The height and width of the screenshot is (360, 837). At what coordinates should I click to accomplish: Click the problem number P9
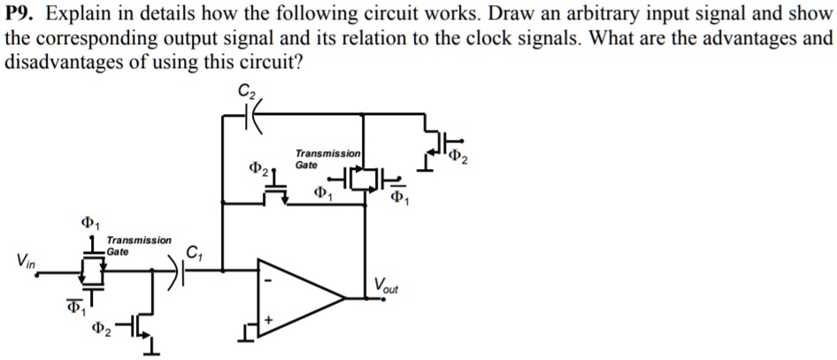coord(23,15)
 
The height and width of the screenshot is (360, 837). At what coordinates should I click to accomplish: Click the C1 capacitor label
coord(195,255)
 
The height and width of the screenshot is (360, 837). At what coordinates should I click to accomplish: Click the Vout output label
coord(386,286)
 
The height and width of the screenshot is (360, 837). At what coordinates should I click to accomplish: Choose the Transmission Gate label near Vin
coord(139,245)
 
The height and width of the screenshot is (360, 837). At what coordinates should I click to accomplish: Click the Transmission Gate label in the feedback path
coord(328,158)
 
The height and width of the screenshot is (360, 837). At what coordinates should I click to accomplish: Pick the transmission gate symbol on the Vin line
coord(91,271)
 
